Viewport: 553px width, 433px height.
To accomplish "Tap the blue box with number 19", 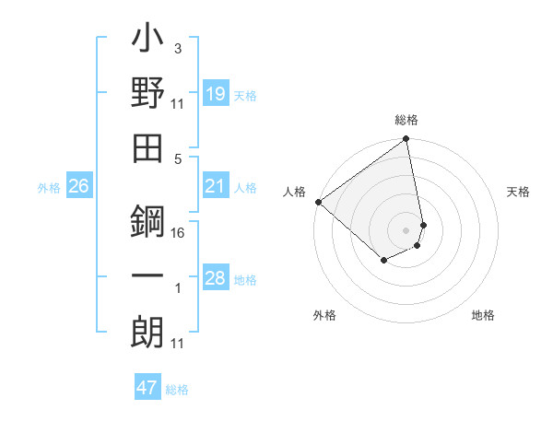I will (216, 93).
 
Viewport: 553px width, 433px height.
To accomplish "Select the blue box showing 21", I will (216, 187).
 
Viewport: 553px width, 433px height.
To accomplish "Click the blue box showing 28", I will (216, 278).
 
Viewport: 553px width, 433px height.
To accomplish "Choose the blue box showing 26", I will (79, 187).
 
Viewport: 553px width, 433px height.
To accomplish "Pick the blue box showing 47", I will (147, 388).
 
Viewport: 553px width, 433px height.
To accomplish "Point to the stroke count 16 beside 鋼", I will (178, 232).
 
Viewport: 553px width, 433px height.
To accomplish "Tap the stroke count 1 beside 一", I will (178, 288).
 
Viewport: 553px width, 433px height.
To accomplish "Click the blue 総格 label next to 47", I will (177, 390).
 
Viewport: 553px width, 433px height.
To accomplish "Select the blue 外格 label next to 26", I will (49, 188).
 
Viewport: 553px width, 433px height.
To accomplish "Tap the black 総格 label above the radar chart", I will (406, 120).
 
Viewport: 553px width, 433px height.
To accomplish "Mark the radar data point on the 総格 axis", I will (406, 140).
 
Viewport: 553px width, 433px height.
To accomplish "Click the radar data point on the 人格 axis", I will (318, 202).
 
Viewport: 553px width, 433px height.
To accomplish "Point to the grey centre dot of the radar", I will (406, 228).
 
